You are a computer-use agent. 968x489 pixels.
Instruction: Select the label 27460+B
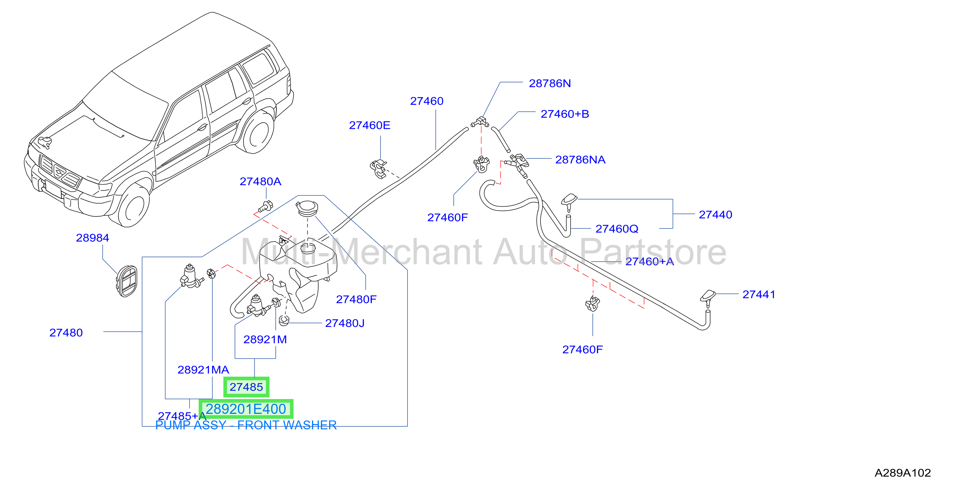[x=564, y=114]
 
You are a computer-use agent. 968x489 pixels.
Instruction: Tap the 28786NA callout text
[x=580, y=160]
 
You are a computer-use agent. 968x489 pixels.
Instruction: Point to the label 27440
[x=715, y=215]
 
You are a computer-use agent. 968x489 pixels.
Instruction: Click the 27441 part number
[x=759, y=294]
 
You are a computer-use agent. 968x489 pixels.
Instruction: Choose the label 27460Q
[x=617, y=229]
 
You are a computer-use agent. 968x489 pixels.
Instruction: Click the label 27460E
[x=369, y=125]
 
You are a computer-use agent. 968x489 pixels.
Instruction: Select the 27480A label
[x=260, y=182]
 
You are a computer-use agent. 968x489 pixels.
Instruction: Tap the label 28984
[x=93, y=238]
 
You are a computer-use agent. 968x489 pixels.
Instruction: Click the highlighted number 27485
[x=246, y=387]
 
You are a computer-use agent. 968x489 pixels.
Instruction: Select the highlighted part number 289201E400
[x=246, y=409]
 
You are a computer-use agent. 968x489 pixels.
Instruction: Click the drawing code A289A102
[x=903, y=473]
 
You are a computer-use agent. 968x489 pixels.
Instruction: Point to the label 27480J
[x=345, y=323]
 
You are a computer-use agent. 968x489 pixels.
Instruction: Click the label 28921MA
[x=203, y=370]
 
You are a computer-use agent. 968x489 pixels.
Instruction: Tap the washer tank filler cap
[x=307, y=208]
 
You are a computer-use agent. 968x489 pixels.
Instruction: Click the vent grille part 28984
[x=127, y=281]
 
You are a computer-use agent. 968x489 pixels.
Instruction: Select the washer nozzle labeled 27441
[x=708, y=298]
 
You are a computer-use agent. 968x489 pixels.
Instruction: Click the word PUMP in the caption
[x=172, y=425]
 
